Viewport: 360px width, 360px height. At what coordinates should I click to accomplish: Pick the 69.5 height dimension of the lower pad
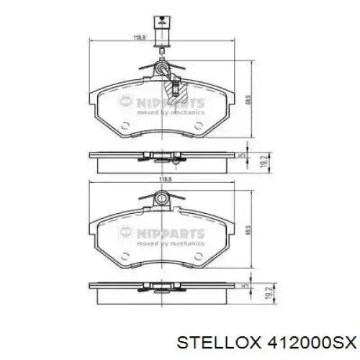click(248, 231)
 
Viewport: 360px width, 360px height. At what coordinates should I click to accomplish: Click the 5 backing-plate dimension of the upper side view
click(246, 154)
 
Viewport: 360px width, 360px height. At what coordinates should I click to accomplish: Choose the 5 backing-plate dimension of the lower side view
click(246, 287)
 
